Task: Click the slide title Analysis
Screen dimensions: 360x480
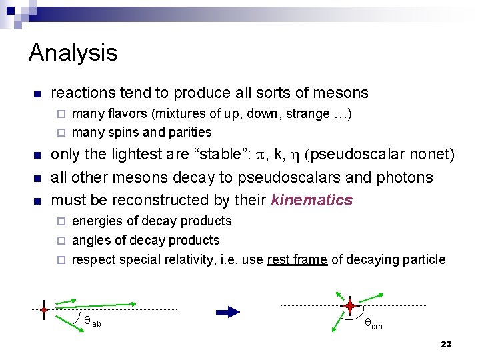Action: point(73,53)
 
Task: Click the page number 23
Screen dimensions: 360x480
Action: point(446,344)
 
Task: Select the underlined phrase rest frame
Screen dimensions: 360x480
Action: point(297,259)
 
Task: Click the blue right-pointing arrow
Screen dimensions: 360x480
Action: point(227,311)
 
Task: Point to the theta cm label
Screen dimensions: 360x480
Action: point(373,325)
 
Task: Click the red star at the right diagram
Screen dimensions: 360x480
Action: point(350,306)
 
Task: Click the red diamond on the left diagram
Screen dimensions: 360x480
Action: point(43,310)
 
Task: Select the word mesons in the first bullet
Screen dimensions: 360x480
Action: point(343,93)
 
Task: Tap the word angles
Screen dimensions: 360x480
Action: point(89,240)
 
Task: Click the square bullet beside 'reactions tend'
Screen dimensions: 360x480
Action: point(37,93)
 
